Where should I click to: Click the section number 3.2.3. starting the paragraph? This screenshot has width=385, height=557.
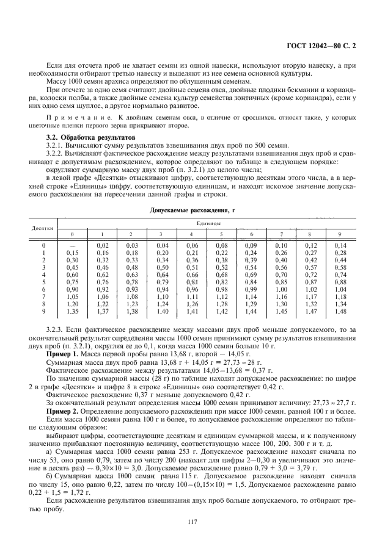tap(56, 329)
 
